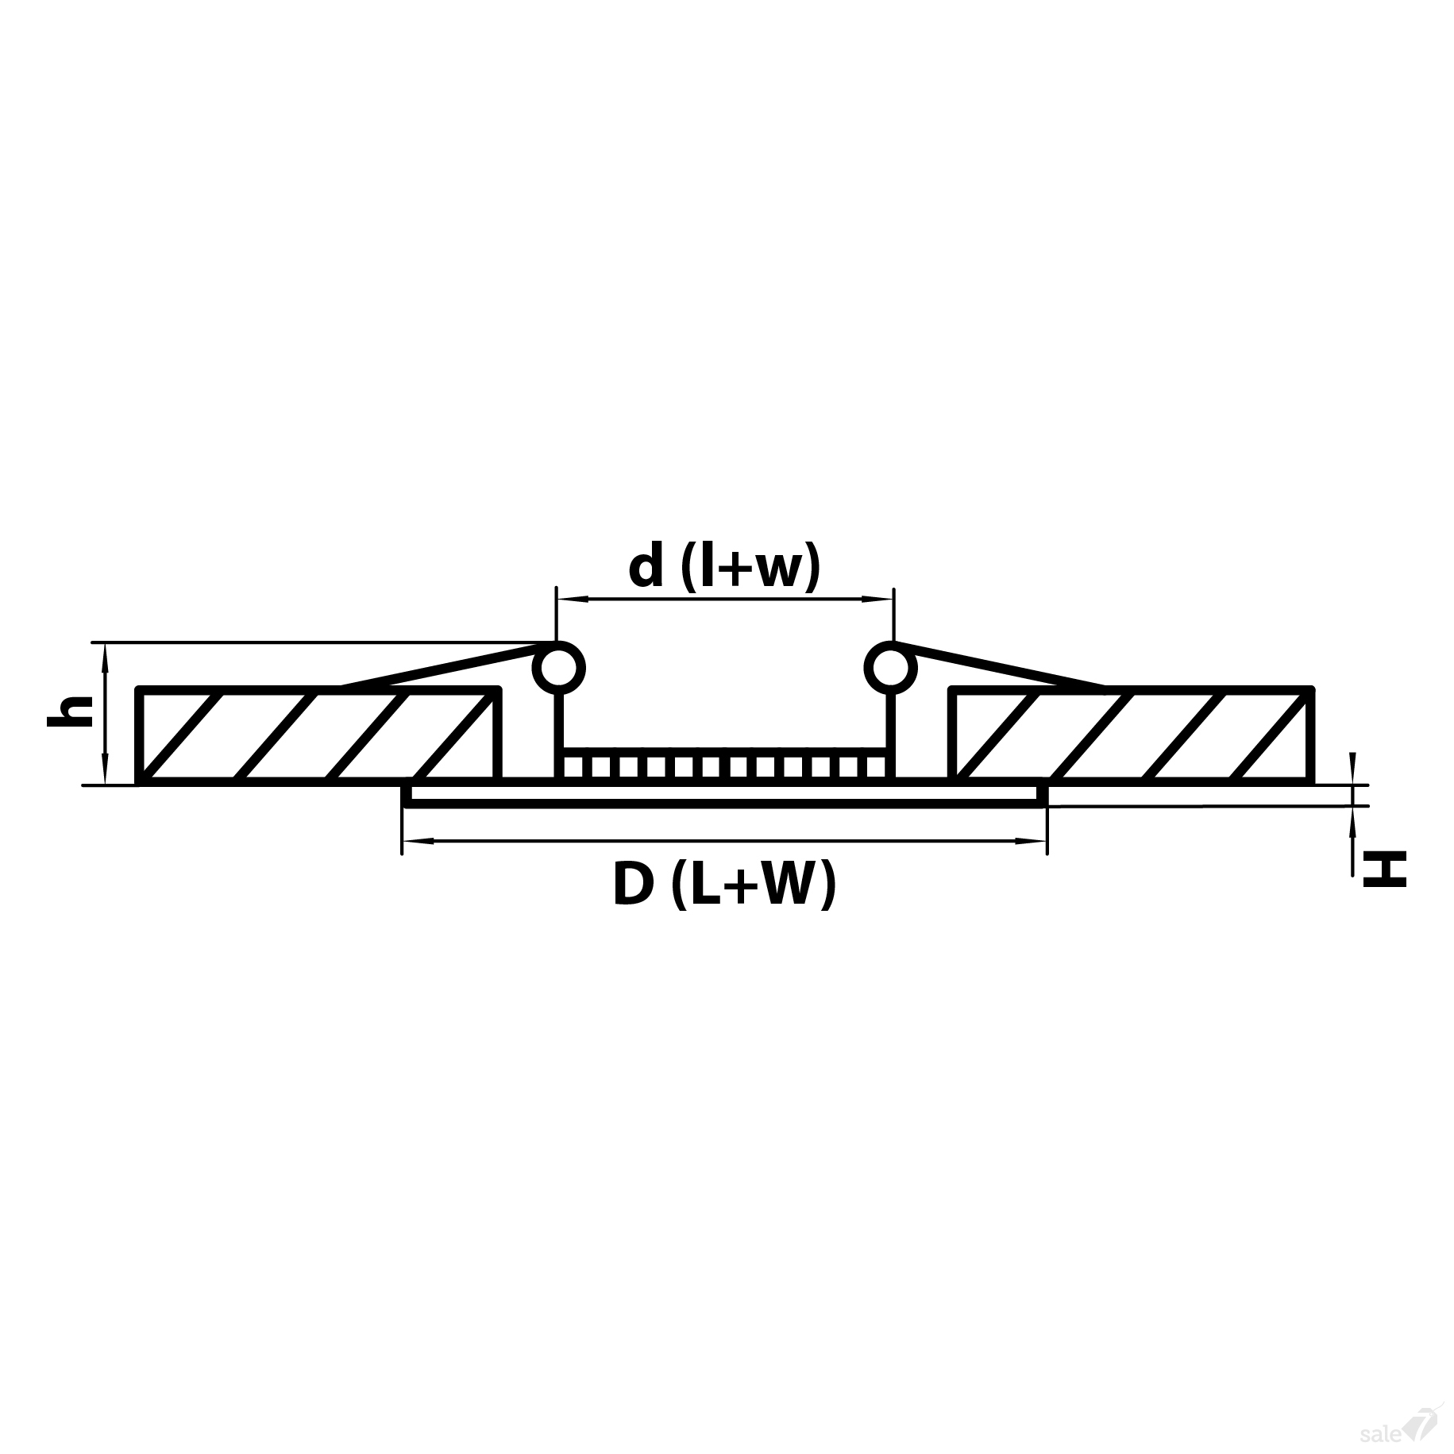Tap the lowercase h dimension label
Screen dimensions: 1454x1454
70,712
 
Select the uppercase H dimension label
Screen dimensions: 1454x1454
1384,868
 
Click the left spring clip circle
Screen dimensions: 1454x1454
557,668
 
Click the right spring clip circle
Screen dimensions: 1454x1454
891,668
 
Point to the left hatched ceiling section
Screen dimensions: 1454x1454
318,735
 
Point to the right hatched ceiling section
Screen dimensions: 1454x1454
1132,735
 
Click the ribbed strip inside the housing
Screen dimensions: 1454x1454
725,767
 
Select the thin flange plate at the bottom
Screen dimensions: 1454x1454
725,795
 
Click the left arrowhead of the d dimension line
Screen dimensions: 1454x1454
565,598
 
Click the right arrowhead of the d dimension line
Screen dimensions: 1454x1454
884,598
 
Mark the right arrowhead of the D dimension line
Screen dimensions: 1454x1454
1036,841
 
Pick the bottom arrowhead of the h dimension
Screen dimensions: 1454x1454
105,775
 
